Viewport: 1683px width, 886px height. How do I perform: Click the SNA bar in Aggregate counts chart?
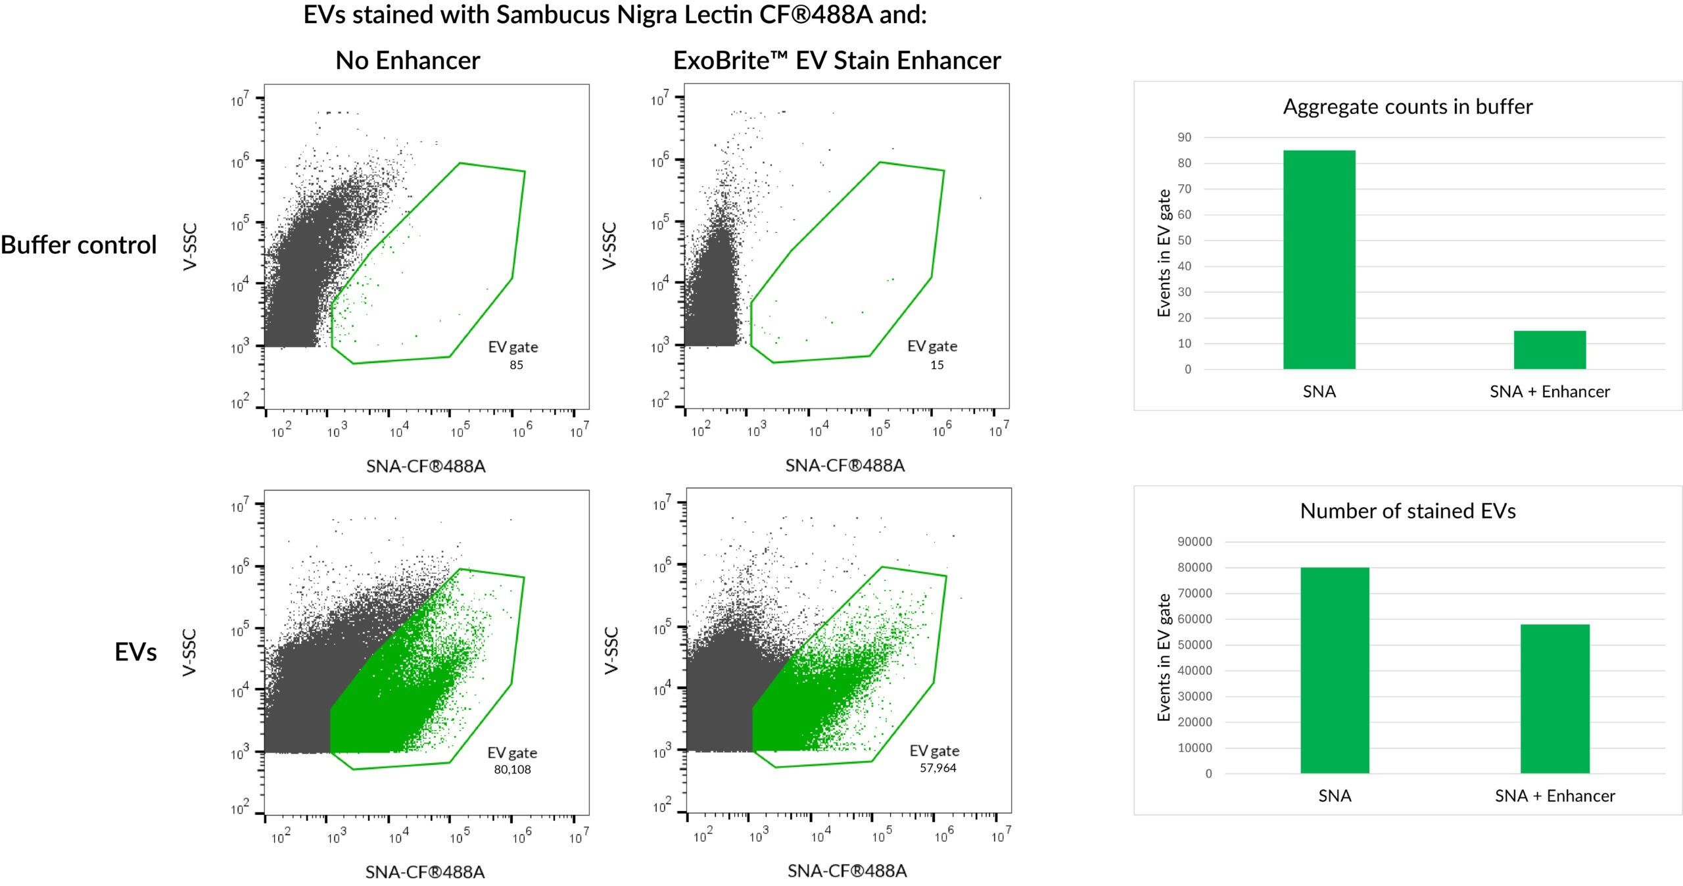pos(1319,259)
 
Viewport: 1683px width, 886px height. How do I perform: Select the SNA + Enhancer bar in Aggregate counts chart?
pos(1550,349)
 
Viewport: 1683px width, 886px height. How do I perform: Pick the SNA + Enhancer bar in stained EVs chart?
pos(1554,699)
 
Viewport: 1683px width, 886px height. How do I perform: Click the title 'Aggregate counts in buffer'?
pos(1408,107)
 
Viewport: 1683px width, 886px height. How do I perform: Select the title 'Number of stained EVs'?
pos(1408,511)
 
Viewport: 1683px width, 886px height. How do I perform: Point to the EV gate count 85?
pos(516,365)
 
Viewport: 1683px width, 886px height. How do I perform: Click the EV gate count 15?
pos(937,365)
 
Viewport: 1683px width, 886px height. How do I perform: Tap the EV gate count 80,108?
pos(512,770)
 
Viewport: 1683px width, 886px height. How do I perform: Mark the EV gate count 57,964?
pos(937,768)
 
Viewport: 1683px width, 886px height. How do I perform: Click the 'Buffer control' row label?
pos(79,245)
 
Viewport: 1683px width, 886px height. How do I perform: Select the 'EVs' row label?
pos(135,652)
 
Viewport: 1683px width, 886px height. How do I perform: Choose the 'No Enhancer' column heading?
pos(408,61)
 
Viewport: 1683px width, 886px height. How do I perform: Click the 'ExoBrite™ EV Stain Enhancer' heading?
pos(836,61)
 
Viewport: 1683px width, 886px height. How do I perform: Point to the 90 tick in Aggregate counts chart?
pos(1184,137)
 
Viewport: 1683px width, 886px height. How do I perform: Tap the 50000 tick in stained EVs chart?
pos(1195,645)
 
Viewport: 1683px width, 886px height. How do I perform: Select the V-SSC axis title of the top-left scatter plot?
pos(190,247)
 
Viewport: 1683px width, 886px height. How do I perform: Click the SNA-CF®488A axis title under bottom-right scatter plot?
pos(847,871)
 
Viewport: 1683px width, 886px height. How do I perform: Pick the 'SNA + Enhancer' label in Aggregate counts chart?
pos(1550,392)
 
